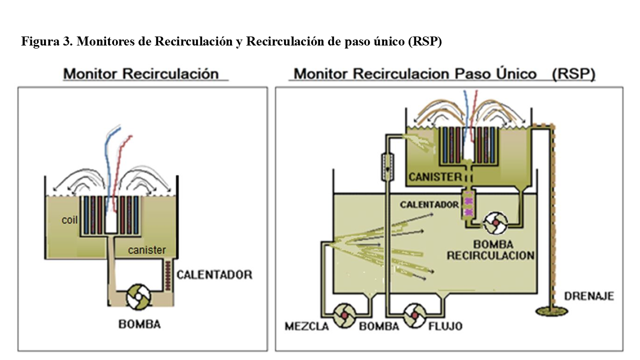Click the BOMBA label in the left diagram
(139, 324)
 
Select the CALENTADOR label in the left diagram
(214, 274)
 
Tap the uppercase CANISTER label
(435, 176)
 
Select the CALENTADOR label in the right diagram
(429, 204)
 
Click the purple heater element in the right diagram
(469, 205)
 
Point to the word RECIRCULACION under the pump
(490, 255)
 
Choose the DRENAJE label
(589, 296)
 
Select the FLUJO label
(445, 326)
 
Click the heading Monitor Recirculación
(141, 74)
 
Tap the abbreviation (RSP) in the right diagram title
(573, 74)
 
